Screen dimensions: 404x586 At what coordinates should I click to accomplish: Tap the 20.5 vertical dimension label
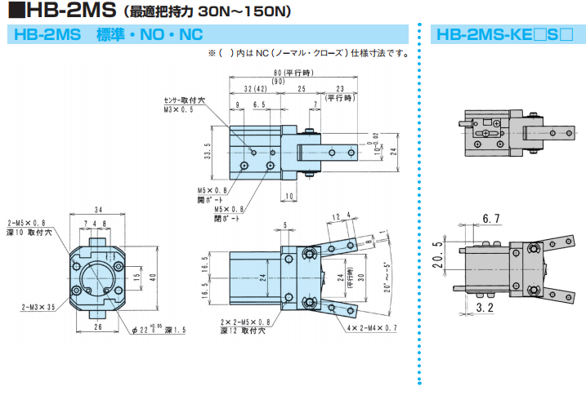coord(438,255)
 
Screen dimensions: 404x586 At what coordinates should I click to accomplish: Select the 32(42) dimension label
coord(256,89)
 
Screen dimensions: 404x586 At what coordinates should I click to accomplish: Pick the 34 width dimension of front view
coord(98,210)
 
